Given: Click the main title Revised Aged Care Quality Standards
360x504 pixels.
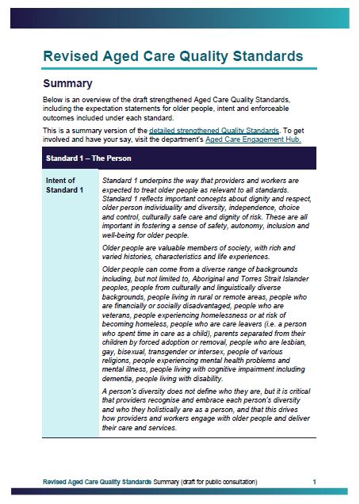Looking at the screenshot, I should (x=173, y=56).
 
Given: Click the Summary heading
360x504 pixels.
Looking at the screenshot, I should (x=67, y=83).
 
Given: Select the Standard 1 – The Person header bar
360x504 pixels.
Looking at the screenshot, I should (x=179, y=158).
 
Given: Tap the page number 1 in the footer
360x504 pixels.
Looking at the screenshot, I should (x=314, y=481).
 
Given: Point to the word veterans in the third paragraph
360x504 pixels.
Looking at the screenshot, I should (x=121, y=314).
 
